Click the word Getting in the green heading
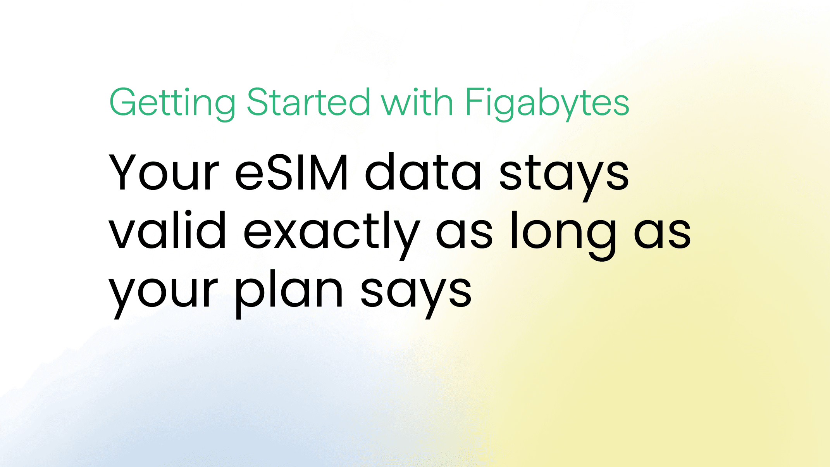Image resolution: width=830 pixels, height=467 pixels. [172, 103]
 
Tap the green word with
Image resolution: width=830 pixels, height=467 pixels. [417, 102]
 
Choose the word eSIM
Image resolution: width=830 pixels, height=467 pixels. [291, 172]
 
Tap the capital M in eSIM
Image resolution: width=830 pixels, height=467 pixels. [327, 172]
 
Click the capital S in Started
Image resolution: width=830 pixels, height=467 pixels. [258, 102]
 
